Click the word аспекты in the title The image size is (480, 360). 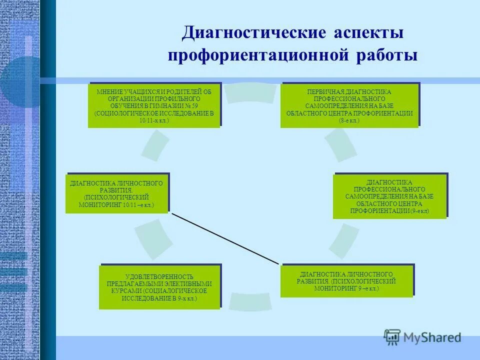tap(366, 33)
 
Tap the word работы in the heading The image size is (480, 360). tap(386, 55)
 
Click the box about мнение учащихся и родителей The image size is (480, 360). tap(154, 105)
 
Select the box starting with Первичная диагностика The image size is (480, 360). tap(349, 105)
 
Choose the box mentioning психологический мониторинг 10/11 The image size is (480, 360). tap(117, 193)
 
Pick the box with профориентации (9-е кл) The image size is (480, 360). tap(389, 196)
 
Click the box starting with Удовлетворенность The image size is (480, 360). tap(159, 287)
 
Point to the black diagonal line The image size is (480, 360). tap(225, 238)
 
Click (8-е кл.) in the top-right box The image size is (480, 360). tap(349, 120)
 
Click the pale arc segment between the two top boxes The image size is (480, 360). tap(250, 93)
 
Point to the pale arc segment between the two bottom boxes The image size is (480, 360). tap(250, 300)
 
